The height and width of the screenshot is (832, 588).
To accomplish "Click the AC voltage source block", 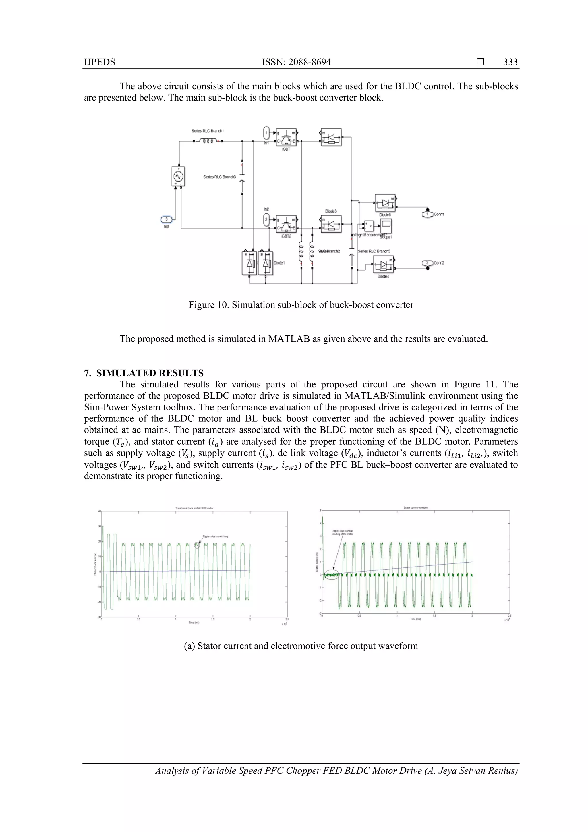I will [x=178, y=176].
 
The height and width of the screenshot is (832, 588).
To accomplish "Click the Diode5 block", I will [x=385, y=203].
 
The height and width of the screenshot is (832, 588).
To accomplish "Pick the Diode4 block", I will [x=383, y=265].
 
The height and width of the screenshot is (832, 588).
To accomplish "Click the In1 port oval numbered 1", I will [x=266, y=133].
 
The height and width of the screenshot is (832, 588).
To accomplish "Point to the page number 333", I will [x=510, y=62].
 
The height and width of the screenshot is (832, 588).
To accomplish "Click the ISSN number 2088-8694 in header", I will [x=296, y=62].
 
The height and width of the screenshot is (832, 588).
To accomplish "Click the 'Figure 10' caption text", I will [x=301, y=305].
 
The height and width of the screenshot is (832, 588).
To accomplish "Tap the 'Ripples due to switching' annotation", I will [x=215, y=536].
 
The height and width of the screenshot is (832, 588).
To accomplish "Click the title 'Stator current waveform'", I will [x=415, y=508].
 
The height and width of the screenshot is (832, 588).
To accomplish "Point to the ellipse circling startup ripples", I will [x=331, y=575].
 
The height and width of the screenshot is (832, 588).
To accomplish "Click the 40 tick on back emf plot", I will [x=99, y=511].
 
